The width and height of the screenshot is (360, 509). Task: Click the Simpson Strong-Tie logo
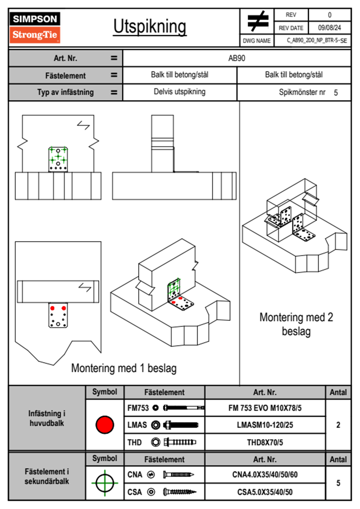35,28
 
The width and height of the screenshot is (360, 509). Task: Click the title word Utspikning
150,27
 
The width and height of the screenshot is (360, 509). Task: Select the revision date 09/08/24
329,28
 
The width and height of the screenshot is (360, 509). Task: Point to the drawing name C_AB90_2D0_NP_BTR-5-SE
317,41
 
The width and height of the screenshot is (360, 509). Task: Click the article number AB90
237,58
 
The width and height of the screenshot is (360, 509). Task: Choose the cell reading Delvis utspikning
179,92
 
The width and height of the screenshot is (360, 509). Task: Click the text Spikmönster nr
302,92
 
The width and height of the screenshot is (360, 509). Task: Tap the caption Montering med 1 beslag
124,368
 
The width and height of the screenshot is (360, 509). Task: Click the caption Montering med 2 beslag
296,324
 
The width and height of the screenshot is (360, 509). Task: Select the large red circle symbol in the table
105,425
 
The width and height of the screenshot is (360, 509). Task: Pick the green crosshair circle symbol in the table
105,483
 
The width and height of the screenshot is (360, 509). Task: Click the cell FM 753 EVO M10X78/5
265,408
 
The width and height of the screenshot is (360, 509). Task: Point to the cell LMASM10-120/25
265,425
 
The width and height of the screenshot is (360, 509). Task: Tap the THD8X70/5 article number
265,442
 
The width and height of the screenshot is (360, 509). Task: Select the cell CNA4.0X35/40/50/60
265,475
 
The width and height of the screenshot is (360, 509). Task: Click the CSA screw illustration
179,492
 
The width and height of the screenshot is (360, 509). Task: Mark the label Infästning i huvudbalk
47,418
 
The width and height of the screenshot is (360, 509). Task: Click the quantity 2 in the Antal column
338,425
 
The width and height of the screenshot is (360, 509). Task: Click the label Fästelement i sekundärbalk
47,476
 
